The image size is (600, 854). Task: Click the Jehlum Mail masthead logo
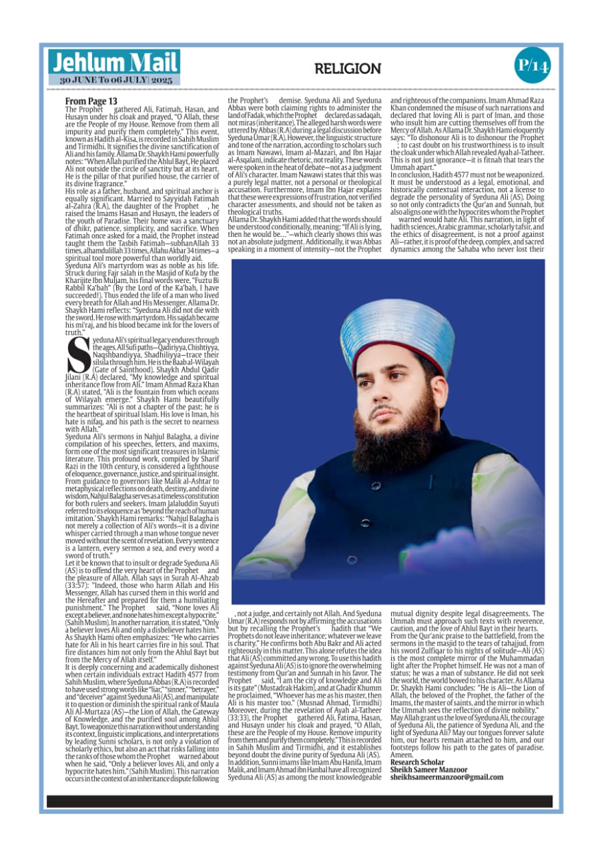click(x=113, y=63)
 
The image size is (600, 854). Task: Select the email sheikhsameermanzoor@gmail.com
click(x=446, y=777)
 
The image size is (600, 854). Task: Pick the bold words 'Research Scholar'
click(x=417, y=762)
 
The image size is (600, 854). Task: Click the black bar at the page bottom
click(x=300, y=801)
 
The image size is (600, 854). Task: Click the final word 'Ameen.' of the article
click(x=400, y=755)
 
